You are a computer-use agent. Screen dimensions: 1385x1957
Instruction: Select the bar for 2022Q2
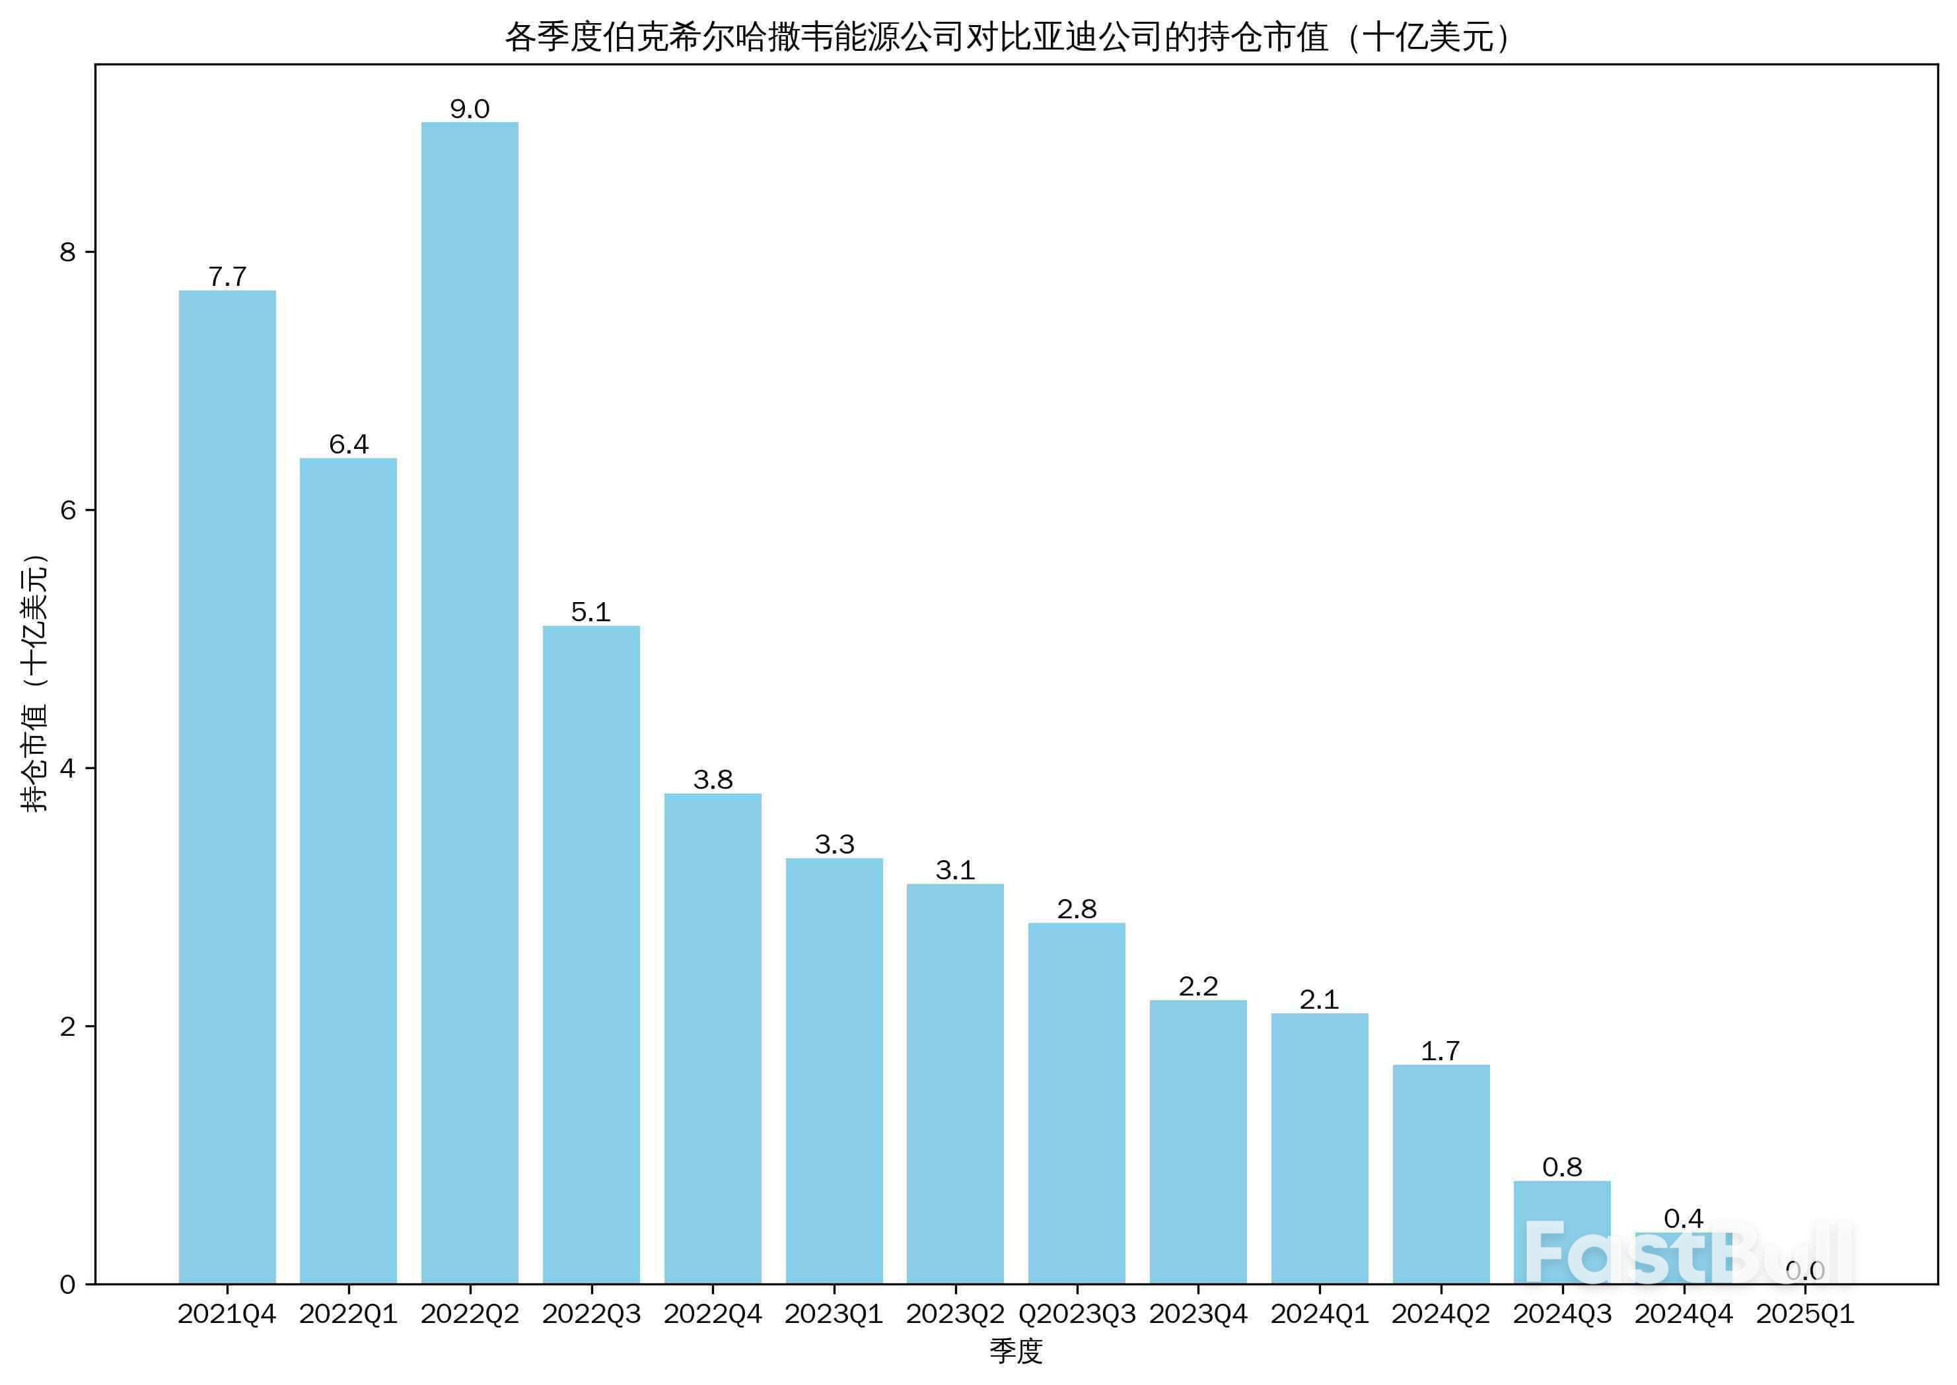coord(469,703)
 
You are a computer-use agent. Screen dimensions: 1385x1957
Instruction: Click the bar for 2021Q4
coord(227,786)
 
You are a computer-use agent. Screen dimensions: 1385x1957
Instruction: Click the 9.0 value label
coord(469,109)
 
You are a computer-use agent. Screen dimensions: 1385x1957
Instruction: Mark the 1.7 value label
coord(1440,1051)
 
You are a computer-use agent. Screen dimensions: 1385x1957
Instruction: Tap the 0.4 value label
coord(1683,1219)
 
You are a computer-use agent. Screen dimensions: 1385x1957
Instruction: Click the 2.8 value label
coord(1077,909)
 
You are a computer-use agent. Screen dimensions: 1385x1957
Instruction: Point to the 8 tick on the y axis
coord(68,252)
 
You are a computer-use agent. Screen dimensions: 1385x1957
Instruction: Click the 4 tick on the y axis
coord(68,768)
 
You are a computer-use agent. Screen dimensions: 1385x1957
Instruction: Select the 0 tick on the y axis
coord(68,1285)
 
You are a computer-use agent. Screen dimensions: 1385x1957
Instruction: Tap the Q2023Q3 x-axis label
coord(1077,1314)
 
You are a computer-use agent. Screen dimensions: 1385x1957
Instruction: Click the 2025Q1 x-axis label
coord(1805,1314)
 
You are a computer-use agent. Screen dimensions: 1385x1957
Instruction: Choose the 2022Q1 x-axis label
coord(348,1314)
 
